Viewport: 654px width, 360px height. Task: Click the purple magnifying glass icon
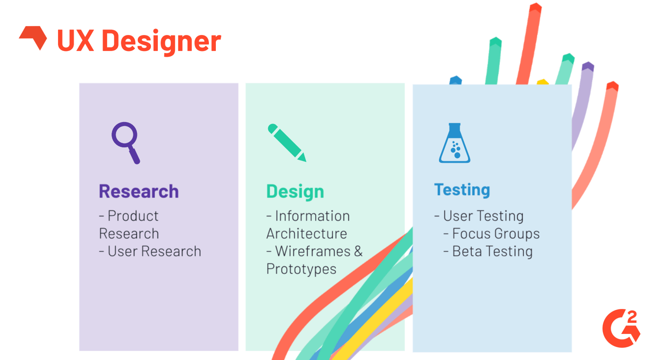126,142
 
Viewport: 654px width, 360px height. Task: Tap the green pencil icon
286,143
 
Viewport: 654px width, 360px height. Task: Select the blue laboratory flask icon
454,143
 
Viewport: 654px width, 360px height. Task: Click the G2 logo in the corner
621,328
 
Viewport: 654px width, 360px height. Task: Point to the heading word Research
139,191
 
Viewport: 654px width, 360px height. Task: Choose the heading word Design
295,191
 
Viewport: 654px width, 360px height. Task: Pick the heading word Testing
462,190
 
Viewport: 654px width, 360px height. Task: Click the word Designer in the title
161,41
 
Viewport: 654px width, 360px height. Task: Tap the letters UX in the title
75,41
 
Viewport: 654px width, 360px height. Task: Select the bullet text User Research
154,251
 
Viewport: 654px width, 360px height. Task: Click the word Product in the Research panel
133,216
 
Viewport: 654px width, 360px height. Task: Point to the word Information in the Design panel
312,216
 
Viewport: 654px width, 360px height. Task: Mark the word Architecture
307,234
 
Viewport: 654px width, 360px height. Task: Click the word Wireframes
313,251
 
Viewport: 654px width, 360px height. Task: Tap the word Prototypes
301,269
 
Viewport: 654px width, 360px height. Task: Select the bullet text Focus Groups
496,234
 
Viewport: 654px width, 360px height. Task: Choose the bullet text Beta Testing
492,251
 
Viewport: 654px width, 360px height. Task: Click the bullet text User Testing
483,216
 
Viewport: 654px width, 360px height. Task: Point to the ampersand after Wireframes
358,251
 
